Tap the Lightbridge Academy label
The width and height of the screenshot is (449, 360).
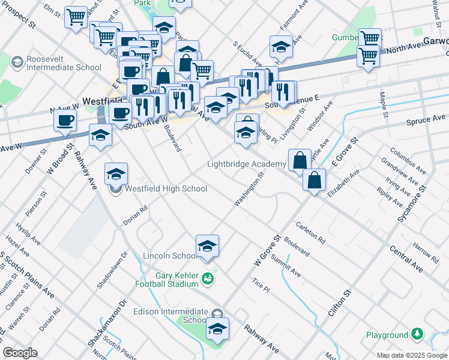247,164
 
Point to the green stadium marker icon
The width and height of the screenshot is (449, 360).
207,278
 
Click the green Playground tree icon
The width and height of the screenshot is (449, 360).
417,334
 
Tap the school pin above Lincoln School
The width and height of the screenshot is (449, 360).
207,247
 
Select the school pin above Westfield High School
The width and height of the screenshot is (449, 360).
116,175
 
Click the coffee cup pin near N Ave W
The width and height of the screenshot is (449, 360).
65,120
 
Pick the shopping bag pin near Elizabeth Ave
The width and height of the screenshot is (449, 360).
314,180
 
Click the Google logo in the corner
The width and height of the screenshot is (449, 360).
20,353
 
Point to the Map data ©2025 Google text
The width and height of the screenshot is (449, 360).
412,355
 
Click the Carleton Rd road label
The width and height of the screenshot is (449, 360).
310,233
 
